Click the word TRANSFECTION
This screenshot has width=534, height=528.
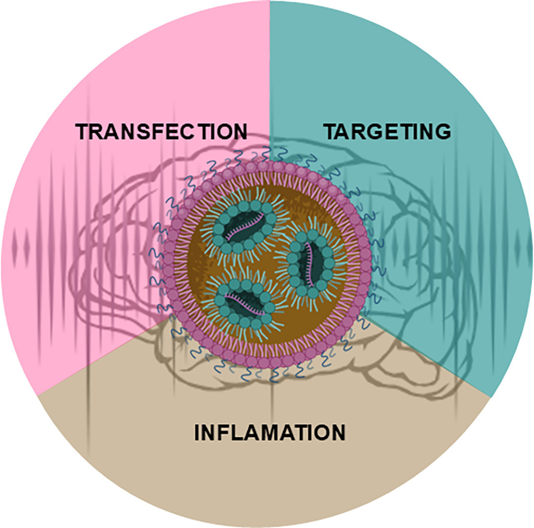161,131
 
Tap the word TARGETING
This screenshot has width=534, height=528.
387,131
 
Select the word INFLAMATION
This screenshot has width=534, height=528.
270,433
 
